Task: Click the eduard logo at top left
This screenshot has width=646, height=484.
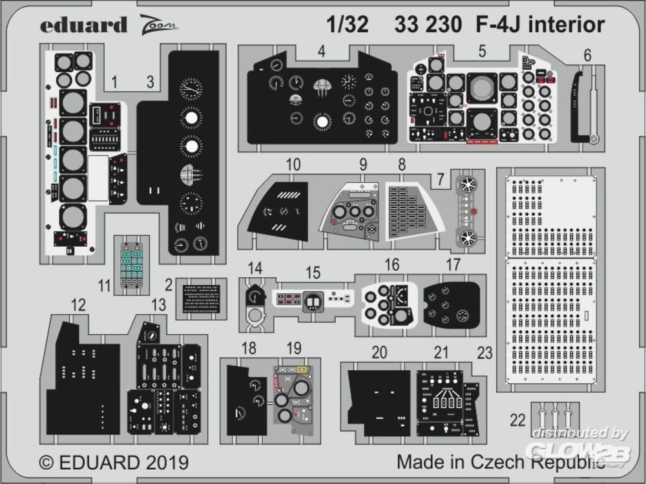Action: pyautogui.click(x=84, y=25)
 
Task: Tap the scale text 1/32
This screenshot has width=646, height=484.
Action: pyautogui.click(x=347, y=25)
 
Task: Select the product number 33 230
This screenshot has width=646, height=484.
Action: pyautogui.click(x=426, y=25)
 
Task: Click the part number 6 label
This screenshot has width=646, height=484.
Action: pyautogui.click(x=587, y=56)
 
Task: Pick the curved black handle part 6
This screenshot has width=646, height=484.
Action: pyautogui.click(x=581, y=107)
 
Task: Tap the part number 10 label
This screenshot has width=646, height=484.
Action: pyautogui.click(x=293, y=165)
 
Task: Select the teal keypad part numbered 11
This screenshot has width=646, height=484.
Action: pyautogui.click(x=132, y=266)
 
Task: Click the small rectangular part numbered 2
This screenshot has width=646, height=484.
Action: pyautogui.click(x=201, y=299)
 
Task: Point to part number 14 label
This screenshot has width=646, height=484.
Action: pyautogui.click(x=255, y=268)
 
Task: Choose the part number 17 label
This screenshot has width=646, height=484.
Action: pyautogui.click(x=453, y=264)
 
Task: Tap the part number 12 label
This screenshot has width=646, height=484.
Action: pyautogui.click(x=78, y=305)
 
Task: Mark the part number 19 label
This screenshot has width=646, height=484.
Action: pyautogui.click(x=294, y=349)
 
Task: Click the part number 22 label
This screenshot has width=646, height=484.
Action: pyautogui.click(x=517, y=420)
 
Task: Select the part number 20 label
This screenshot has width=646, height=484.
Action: pyautogui.click(x=379, y=352)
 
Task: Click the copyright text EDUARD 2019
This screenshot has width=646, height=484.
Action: pyautogui.click(x=114, y=463)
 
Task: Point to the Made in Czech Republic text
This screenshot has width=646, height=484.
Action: pyautogui.click(x=501, y=463)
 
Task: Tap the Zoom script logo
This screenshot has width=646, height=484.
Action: pyautogui.click(x=157, y=26)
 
